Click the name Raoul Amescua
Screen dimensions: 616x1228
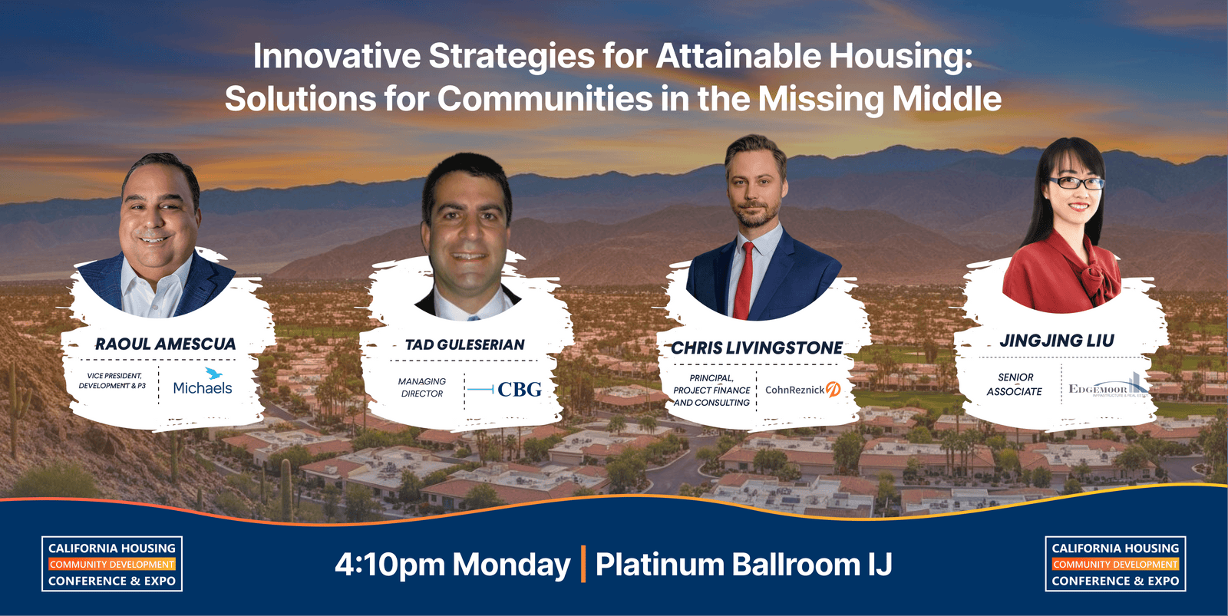(x=165, y=344)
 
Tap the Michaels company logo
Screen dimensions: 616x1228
(x=203, y=383)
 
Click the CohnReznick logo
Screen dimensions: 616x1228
(x=802, y=390)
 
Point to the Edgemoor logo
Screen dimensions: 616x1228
(x=1108, y=386)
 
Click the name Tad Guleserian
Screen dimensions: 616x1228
(x=464, y=345)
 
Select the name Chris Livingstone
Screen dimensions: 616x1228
(x=757, y=348)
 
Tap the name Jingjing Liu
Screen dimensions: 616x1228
(x=1056, y=341)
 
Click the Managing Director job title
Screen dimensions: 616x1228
(x=421, y=387)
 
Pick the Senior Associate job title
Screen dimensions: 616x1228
(x=1015, y=384)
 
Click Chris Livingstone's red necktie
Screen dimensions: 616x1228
(x=744, y=280)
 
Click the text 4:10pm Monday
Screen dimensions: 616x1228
(x=452, y=565)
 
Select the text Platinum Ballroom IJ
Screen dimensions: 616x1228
(x=743, y=565)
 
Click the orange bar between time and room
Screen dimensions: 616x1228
(x=583, y=564)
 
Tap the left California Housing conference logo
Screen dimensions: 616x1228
(x=112, y=564)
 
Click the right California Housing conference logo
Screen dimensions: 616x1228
(x=1115, y=564)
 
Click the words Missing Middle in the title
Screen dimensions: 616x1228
(x=880, y=99)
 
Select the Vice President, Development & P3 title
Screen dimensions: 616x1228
(x=112, y=380)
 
